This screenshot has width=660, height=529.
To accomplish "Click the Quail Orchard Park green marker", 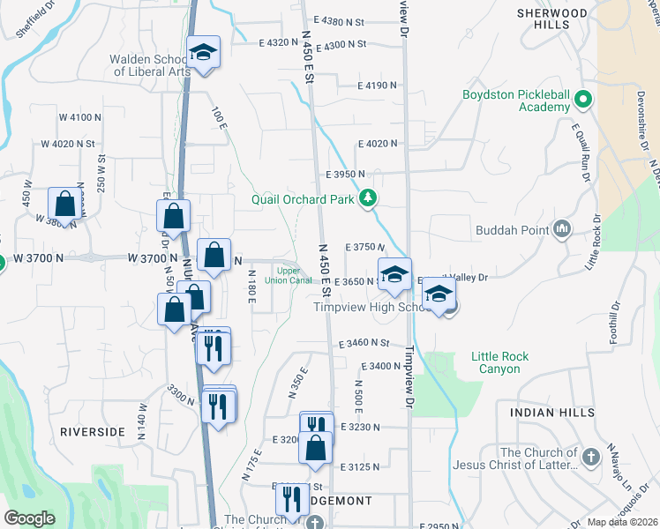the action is point(370,199).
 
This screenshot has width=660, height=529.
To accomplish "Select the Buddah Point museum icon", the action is point(561,230).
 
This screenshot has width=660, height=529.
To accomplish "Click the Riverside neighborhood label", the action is point(93,432).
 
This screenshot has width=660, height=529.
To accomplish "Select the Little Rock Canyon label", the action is point(500,362).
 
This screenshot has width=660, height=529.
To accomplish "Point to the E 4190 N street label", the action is point(378,86).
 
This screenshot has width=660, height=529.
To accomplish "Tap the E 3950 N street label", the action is point(344,175).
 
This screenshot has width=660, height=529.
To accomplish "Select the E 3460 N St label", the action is point(364,342).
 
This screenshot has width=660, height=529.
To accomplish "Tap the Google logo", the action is point(29,518).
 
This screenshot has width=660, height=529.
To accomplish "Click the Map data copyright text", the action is point(622,522).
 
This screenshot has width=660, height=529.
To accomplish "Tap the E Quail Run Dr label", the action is point(580,150).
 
